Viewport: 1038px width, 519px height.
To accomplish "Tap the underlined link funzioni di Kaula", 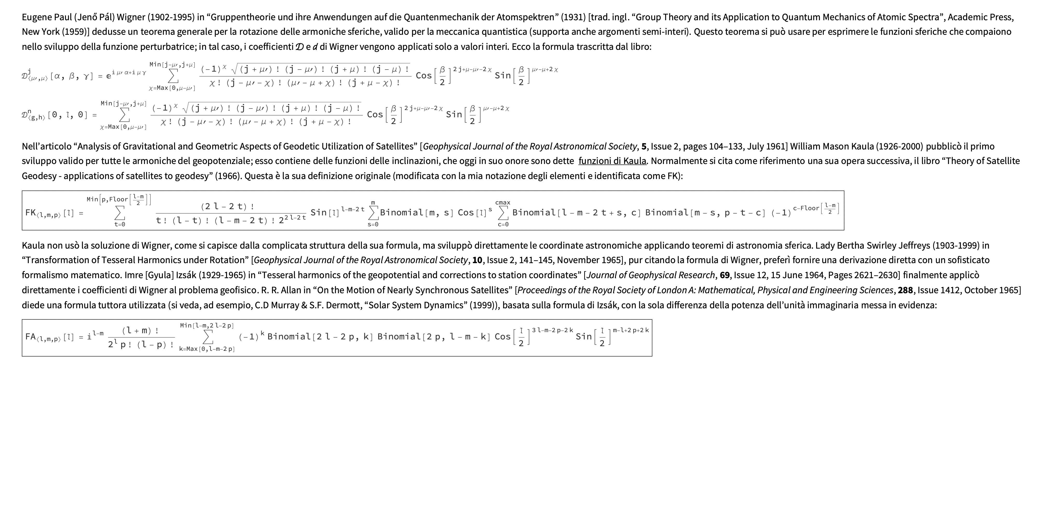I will tap(612, 161).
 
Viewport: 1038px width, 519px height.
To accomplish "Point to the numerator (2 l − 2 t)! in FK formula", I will tap(228, 206).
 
